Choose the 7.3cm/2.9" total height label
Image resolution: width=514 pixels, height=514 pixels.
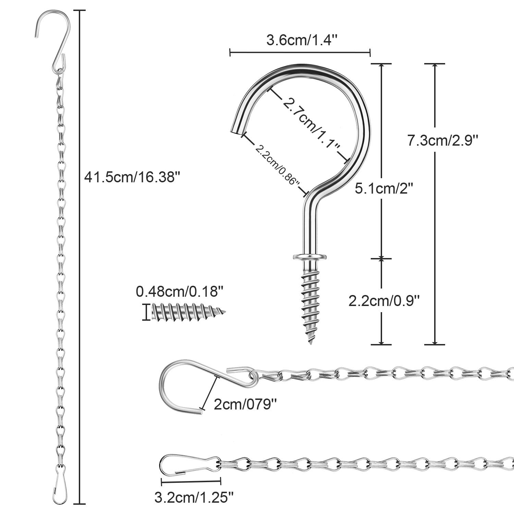coord(442,140)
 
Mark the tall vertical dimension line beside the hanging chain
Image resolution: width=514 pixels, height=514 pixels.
coord(80,257)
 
